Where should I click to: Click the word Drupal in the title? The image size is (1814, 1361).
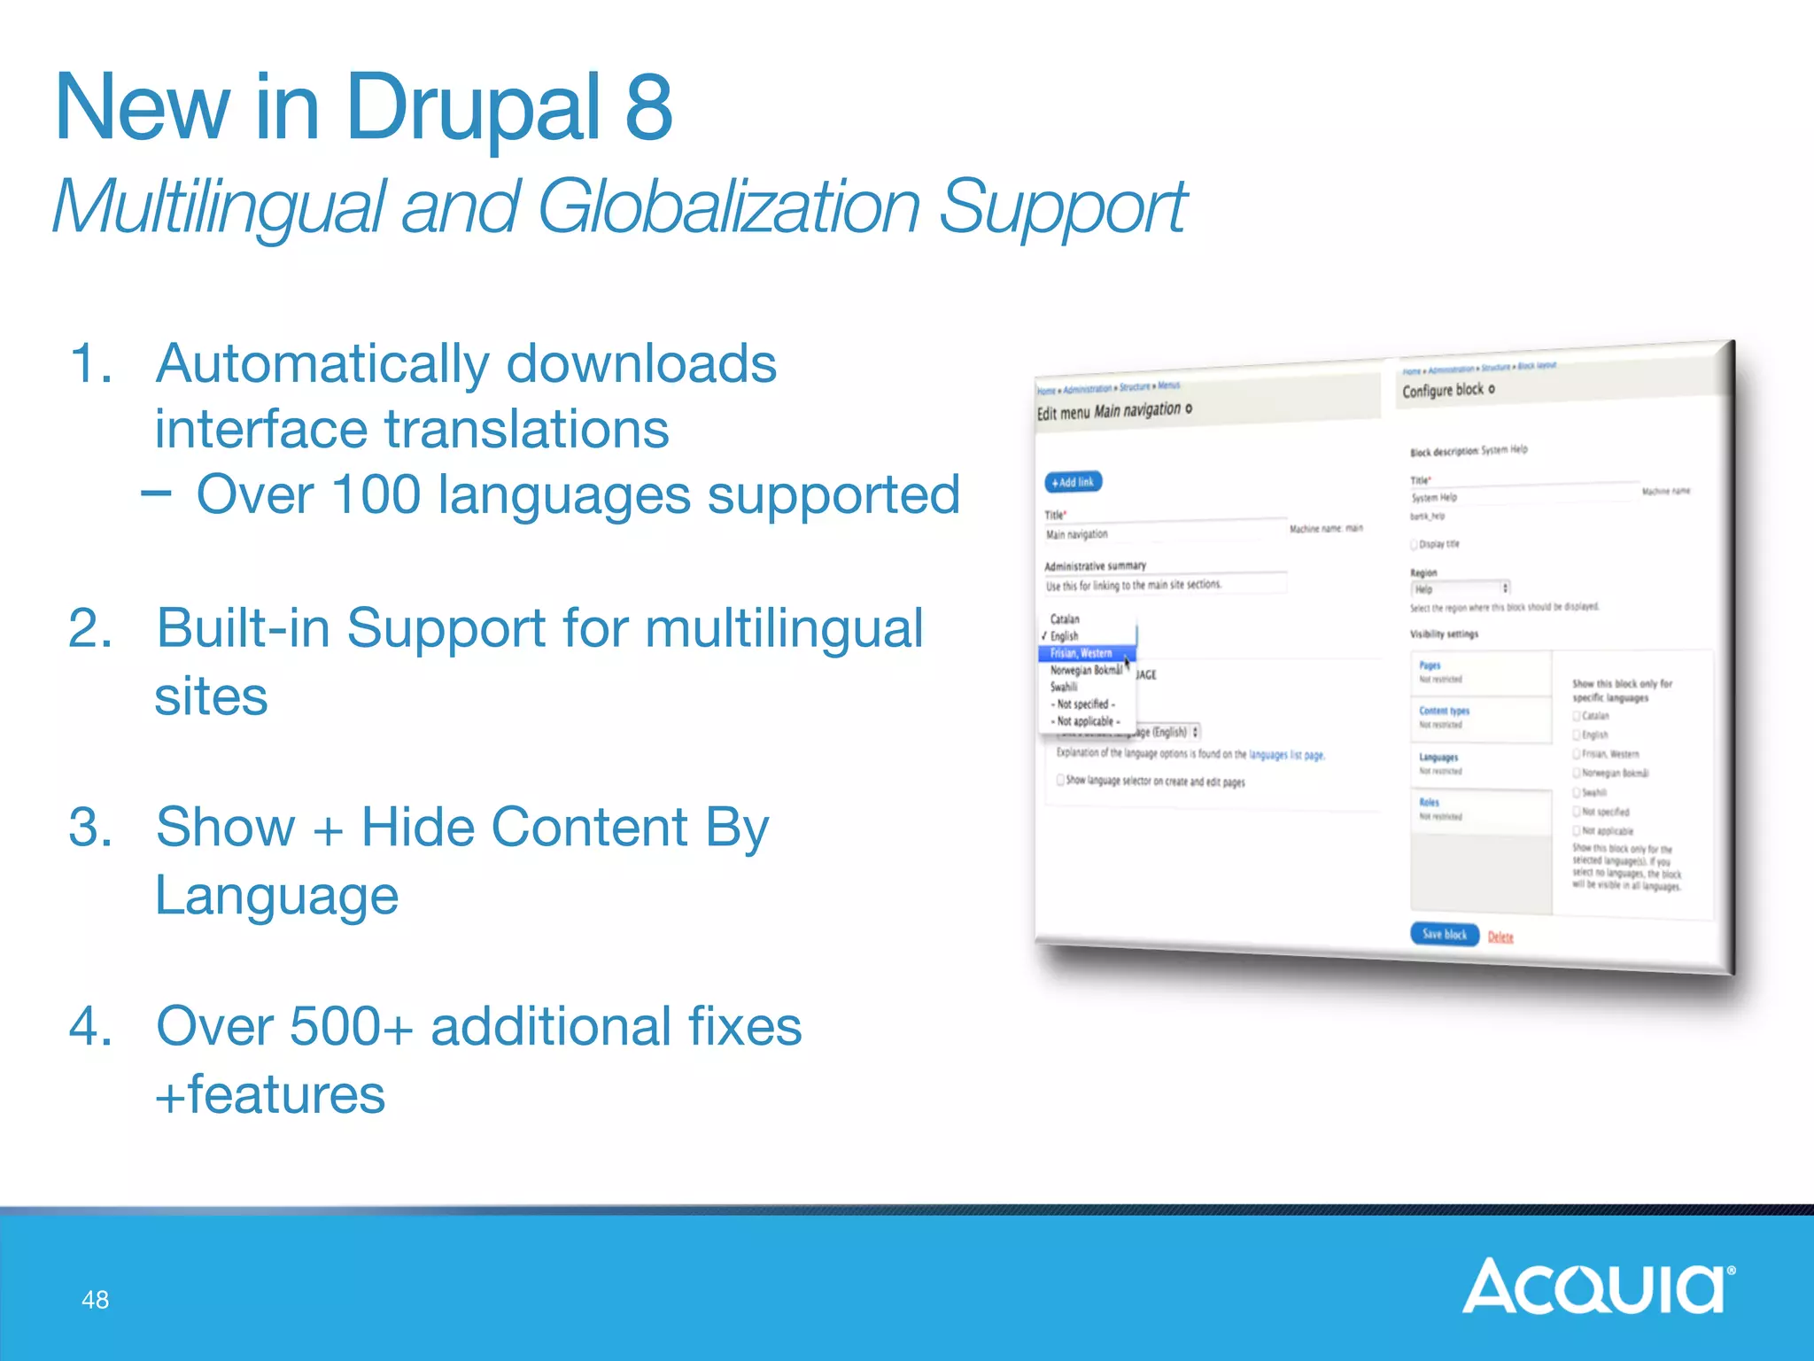pos(473,108)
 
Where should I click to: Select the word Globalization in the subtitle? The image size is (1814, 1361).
pos(728,207)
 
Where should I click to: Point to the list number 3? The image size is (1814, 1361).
pos(89,828)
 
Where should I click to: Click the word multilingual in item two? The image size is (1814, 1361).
pos(783,628)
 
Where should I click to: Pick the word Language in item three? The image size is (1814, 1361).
pos(276,895)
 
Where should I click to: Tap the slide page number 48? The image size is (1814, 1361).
pos(95,1300)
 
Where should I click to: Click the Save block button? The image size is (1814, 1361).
pos(1444,934)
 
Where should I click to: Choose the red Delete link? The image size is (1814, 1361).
pos(1500,937)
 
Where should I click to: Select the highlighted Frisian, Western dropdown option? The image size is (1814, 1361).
pos(1082,653)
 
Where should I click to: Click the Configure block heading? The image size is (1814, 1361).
pos(1443,390)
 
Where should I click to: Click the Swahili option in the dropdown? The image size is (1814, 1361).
pos(1064,687)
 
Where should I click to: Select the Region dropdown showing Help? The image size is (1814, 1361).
pos(1460,588)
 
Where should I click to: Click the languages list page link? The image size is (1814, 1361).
pos(1286,755)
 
